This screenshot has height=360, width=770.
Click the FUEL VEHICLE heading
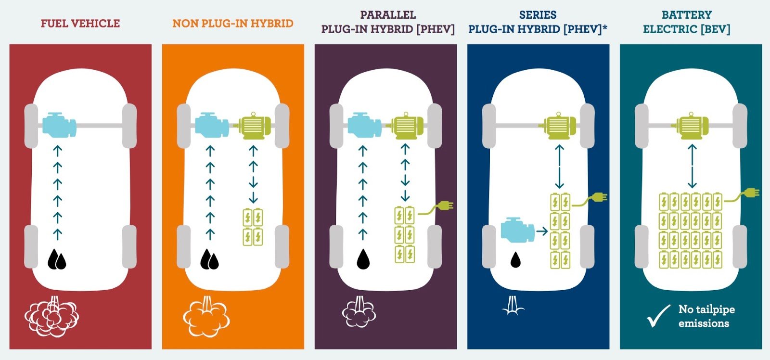(80, 24)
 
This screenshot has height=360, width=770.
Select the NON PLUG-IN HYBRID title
(233, 24)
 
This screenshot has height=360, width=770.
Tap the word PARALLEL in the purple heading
(388, 15)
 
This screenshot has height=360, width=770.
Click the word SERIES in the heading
(538, 15)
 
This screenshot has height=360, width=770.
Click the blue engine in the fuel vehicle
(59, 125)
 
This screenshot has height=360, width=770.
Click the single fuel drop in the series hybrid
(515, 259)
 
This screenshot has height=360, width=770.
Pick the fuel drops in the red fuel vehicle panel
(57, 259)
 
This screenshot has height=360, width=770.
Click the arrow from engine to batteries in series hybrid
(542, 231)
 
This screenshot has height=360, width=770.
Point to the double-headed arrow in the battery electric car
(692, 166)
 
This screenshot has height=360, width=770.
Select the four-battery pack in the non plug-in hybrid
(253, 227)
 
